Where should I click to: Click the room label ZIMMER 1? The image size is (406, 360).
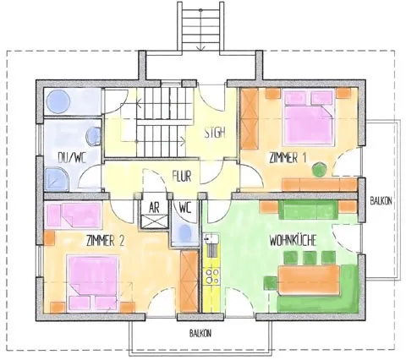pyautogui.click(x=288, y=158)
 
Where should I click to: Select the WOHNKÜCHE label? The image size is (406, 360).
pyautogui.click(x=293, y=240)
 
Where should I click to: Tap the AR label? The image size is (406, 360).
pyautogui.click(x=155, y=205)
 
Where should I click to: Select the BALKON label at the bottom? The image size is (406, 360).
pyautogui.click(x=200, y=333)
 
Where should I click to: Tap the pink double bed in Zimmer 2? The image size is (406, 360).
pyautogui.click(x=94, y=278)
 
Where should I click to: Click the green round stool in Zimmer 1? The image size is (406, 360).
pyautogui.click(x=318, y=169)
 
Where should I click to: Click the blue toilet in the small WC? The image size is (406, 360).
pyautogui.click(x=185, y=232)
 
